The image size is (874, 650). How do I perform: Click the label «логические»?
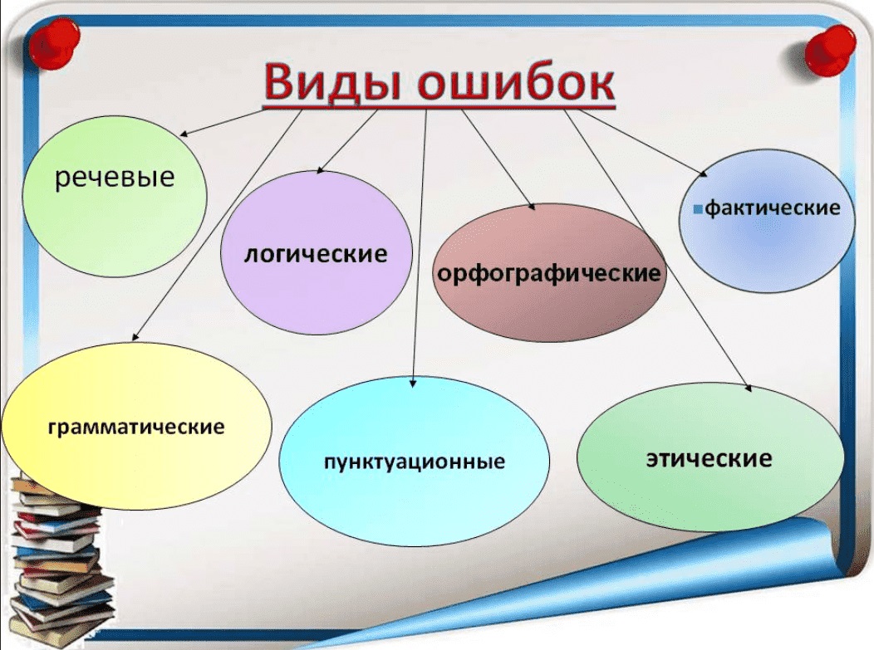pyautogui.click(x=316, y=254)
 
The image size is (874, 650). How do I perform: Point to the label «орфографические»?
pyautogui.click(x=549, y=273)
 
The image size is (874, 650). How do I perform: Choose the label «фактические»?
pyautogui.click(x=772, y=208)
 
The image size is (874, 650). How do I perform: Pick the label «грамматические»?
pyautogui.click(x=136, y=428)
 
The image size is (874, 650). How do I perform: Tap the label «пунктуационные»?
pyautogui.click(x=415, y=462)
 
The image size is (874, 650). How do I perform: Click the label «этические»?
pyautogui.click(x=709, y=458)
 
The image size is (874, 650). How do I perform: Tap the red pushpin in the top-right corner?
pyautogui.click(x=830, y=51)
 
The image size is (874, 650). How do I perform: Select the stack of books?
pyautogui.click(x=58, y=557)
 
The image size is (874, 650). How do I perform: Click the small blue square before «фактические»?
pyautogui.click(x=698, y=210)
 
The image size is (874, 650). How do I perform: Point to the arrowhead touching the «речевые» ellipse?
pyautogui.click(x=184, y=134)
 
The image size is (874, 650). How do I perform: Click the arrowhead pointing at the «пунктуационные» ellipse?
pyautogui.click(x=412, y=384)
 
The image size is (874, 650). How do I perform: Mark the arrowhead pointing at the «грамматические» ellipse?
pyautogui.click(x=135, y=336)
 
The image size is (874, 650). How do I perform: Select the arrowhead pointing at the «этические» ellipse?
pyautogui.click(x=748, y=388)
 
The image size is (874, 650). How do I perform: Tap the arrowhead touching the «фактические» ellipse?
pyautogui.click(x=704, y=173)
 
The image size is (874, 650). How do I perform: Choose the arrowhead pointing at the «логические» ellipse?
pyautogui.click(x=320, y=170)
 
